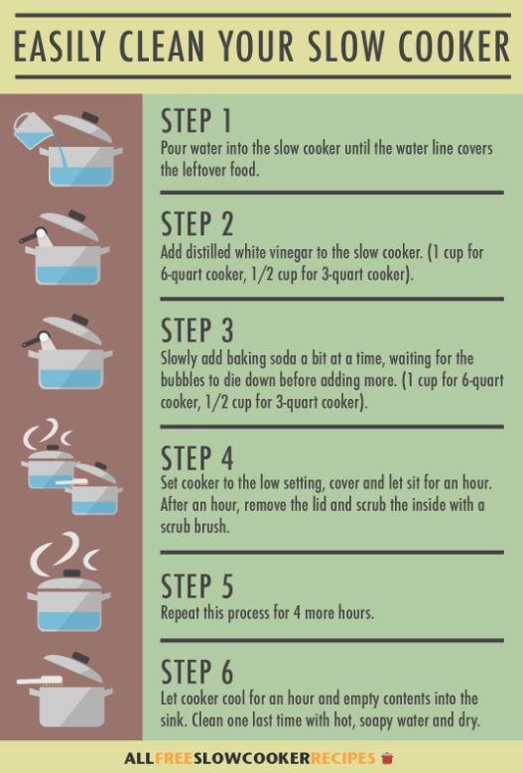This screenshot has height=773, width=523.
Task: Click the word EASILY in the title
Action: [x=61, y=46]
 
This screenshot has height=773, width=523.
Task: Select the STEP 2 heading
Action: [x=196, y=224]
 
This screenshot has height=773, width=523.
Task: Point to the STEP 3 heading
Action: [x=196, y=329]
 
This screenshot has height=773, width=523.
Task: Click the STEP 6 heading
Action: [x=196, y=671]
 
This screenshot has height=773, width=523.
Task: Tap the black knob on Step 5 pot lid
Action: [x=70, y=574]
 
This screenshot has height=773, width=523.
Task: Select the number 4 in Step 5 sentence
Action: [x=297, y=613]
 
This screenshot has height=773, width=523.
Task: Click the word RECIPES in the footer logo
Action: [x=336, y=758]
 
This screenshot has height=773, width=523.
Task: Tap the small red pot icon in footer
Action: [x=387, y=758]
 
